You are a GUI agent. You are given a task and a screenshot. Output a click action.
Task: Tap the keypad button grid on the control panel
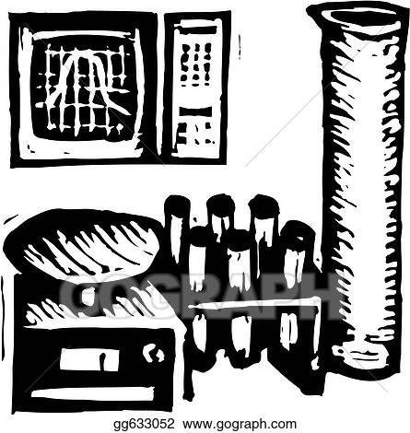click(196, 64)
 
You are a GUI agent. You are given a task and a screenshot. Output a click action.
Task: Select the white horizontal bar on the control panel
click(195, 111)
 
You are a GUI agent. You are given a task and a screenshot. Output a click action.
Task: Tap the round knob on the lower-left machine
click(153, 352)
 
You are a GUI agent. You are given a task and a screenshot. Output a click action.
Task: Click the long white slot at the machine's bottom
click(93, 394)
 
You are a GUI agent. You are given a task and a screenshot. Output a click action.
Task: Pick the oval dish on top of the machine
click(82, 242)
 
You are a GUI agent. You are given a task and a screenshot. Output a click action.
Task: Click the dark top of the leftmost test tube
click(177, 205)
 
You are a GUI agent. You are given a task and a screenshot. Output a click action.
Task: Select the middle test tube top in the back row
click(220, 205)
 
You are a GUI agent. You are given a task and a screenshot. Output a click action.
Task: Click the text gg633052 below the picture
click(144, 424)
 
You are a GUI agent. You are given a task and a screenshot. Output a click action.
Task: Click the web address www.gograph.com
click(240, 424)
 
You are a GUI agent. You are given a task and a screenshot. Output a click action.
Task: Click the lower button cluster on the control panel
click(194, 134)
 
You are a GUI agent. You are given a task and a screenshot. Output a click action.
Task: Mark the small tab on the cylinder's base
click(338, 350)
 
